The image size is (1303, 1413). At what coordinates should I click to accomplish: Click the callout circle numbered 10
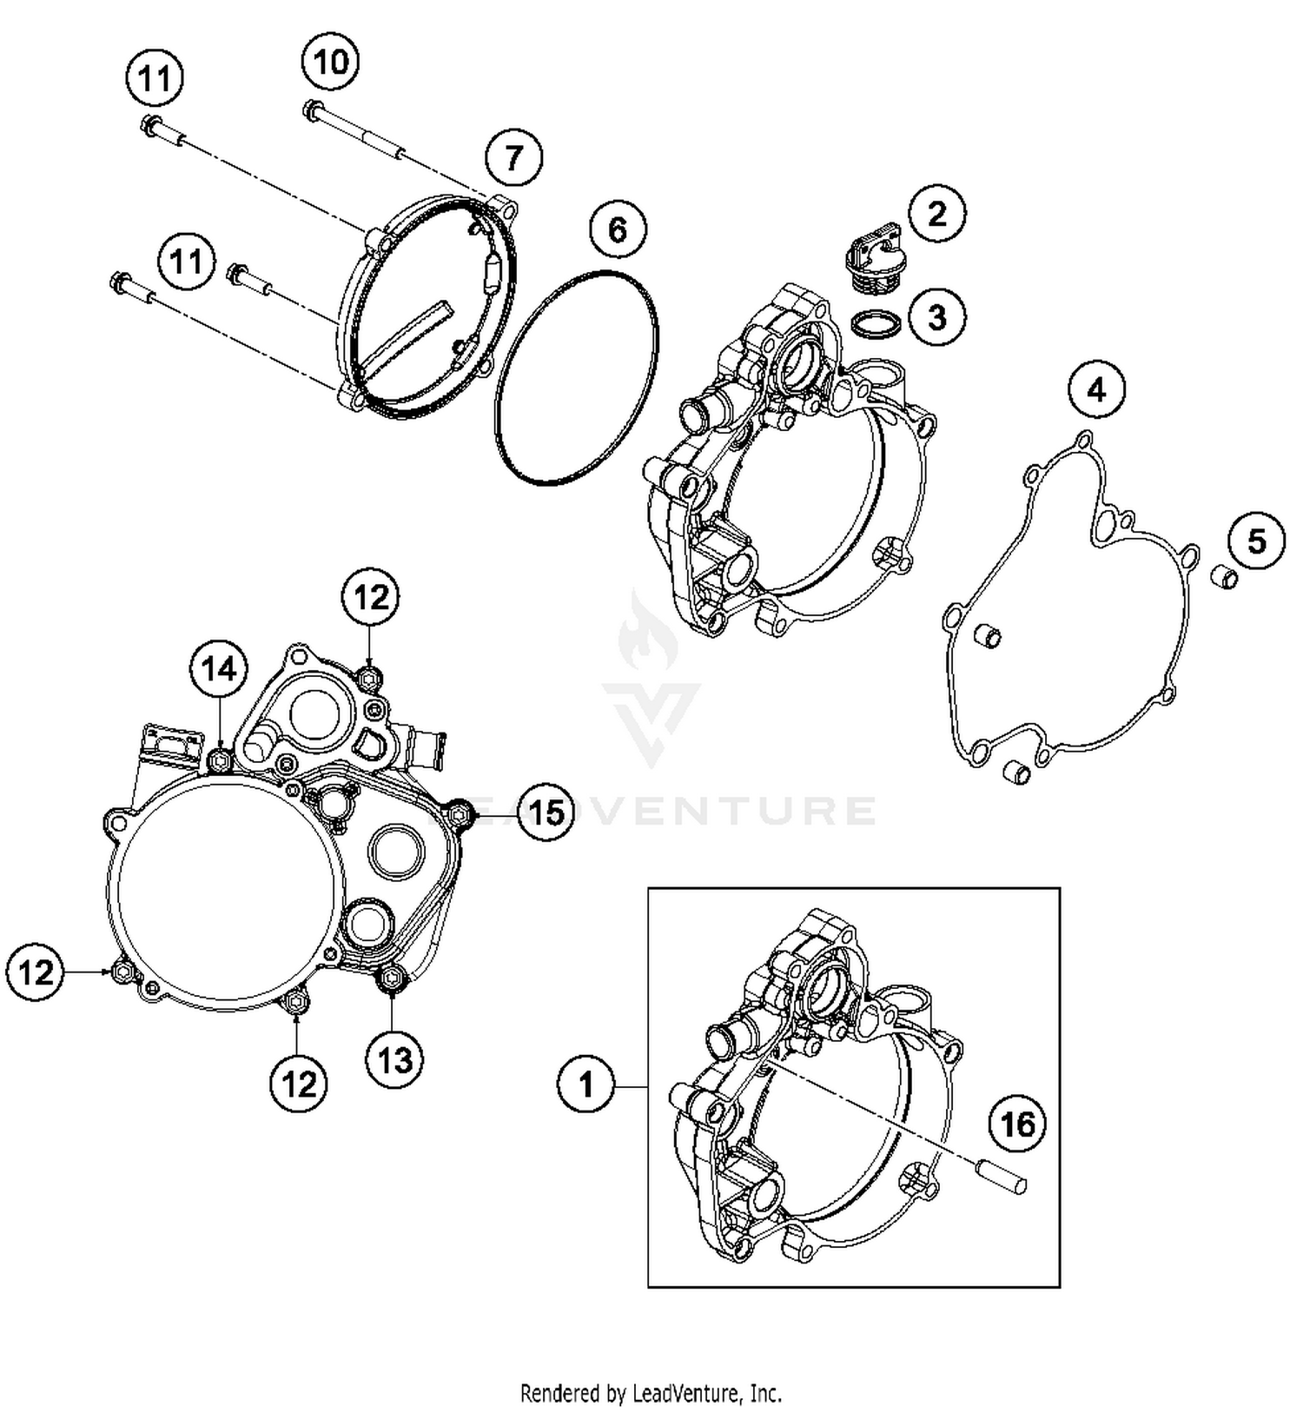(331, 62)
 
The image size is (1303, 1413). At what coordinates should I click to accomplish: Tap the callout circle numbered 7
(513, 158)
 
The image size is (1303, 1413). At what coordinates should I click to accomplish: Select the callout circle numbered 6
(617, 230)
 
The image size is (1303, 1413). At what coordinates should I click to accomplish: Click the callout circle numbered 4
(1096, 390)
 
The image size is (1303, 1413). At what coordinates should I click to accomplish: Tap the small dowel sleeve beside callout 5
(1225, 576)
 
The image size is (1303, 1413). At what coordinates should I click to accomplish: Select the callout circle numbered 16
(1017, 1124)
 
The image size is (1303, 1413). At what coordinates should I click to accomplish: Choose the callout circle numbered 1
(585, 1085)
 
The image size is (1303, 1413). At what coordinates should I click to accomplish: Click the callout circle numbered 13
(395, 1060)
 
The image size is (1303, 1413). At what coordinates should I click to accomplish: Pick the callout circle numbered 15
(546, 813)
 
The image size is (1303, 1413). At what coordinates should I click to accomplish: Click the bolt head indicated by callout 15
(460, 813)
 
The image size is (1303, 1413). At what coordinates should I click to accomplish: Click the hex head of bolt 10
(312, 110)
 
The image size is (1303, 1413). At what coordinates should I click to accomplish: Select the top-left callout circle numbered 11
(155, 79)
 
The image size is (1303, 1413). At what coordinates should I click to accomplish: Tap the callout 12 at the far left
(36, 972)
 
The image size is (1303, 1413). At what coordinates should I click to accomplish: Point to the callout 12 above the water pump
(371, 598)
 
